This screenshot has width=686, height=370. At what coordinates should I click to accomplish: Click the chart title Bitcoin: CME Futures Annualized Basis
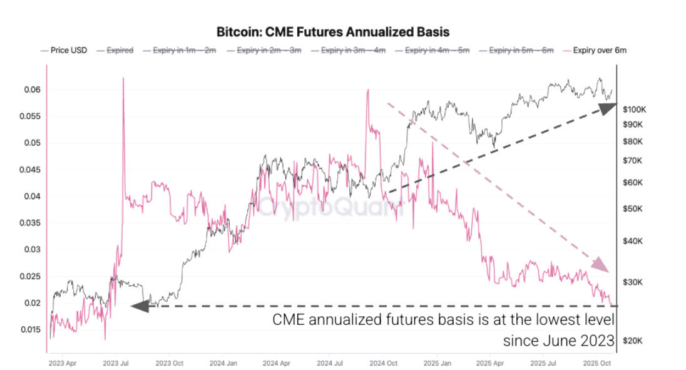pyautogui.click(x=333, y=31)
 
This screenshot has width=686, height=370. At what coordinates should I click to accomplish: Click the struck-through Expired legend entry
pyautogui.click(x=120, y=50)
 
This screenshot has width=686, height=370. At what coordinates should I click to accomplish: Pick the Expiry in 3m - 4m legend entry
pyautogui.click(x=353, y=50)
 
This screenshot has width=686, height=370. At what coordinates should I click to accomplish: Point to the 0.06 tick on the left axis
pyautogui.click(x=33, y=90)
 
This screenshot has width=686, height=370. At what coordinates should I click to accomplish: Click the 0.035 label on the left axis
pyautogui.click(x=31, y=224)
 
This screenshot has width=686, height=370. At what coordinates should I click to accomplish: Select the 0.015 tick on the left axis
pyautogui.click(x=31, y=330)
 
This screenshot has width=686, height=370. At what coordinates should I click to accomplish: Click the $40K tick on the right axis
pyautogui.click(x=633, y=241)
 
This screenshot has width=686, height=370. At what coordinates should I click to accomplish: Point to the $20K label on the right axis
pyautogui.click(x=633, y=341)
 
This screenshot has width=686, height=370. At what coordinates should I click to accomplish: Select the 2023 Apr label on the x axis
pyautogui.click(x=61, y=362)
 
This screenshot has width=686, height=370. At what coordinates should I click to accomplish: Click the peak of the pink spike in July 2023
pyautogui.click(x=123, y=79)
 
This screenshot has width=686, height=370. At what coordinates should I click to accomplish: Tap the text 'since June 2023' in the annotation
pyautogui.click(x=559, y=341)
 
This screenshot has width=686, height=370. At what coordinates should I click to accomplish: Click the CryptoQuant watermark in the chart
pyautogui.click(x=332, y=206)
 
